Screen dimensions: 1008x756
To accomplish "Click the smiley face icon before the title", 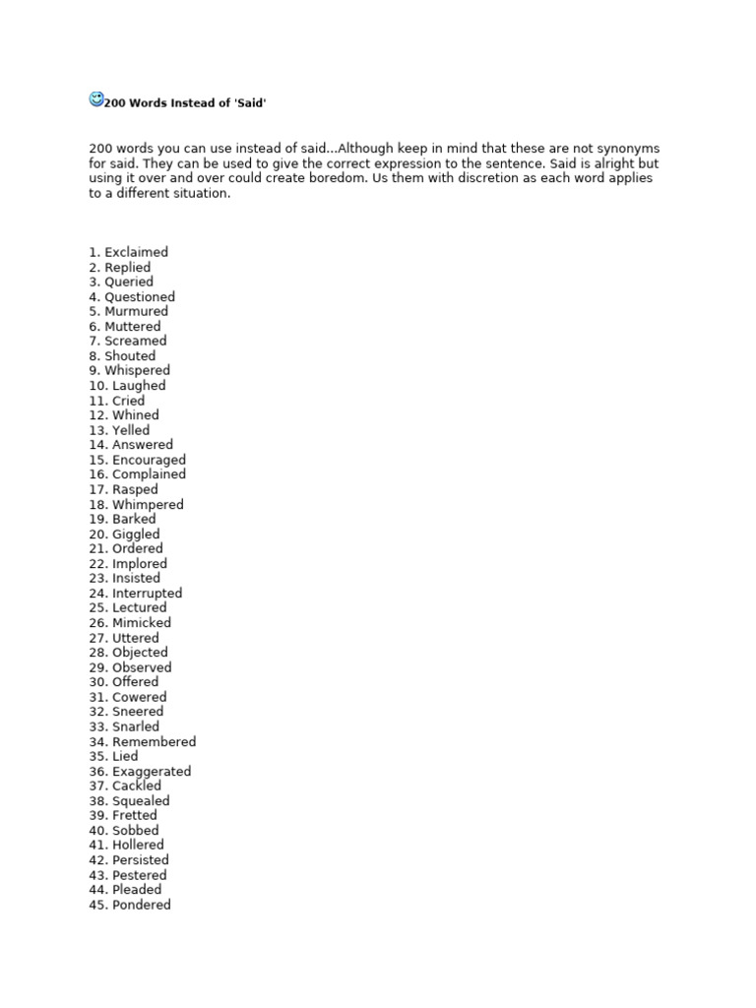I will click(x=96, y=98).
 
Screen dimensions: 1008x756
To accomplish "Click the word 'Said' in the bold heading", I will click(x=251, y=103).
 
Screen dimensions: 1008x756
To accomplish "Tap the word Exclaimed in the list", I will click(x=136, y=252).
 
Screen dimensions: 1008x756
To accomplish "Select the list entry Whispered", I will click(x=137, y=370).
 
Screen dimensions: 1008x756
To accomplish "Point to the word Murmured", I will click(x=136, y=311).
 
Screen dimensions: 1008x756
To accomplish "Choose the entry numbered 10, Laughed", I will click(x=139, y=386).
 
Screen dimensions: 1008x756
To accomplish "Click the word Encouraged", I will click(x=149, y=460).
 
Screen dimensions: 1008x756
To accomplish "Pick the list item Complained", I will click(x=149, y=474).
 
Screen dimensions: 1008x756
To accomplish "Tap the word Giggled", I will click(x=136, y=535).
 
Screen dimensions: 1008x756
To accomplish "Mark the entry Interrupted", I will click(x=147, y=594).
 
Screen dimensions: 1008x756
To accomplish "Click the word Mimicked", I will click(x=141, y=623).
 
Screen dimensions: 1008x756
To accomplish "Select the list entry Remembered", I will click(x=154, y=742).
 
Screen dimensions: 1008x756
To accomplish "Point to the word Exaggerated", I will click(x=152, y=772).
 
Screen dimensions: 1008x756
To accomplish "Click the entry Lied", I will click(x=124, y=757).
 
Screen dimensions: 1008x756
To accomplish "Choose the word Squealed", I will click(x=141, y=801).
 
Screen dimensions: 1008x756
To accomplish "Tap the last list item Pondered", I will click(x=141, y=905).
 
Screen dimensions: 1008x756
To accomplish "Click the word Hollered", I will click(x=138, y=845).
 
